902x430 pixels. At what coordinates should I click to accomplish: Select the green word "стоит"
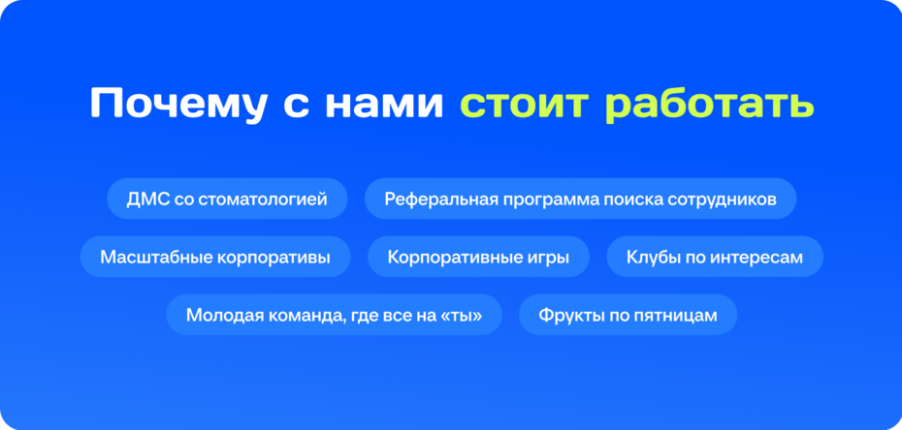click(x=524, y=105)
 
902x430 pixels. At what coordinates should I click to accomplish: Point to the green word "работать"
click(x=709, y=105)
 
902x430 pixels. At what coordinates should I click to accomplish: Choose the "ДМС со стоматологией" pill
click(x=227, y=199)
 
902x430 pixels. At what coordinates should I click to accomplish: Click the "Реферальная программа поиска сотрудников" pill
click(x=580, y=199)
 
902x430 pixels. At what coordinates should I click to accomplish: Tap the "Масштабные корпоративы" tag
click(x=215, y=257)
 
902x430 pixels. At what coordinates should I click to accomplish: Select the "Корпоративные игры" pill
click(x=478, y=257)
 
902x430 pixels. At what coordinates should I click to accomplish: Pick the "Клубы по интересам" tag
click(x=715, y=257)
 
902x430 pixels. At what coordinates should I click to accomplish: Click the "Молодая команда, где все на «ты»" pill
click(x=334, y=315)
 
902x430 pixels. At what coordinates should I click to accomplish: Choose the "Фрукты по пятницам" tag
click(x=628, y=315)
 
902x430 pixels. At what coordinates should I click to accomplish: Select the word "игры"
click(x=547, y=257)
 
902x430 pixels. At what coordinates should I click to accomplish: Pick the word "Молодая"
click(x=219, y=315)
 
